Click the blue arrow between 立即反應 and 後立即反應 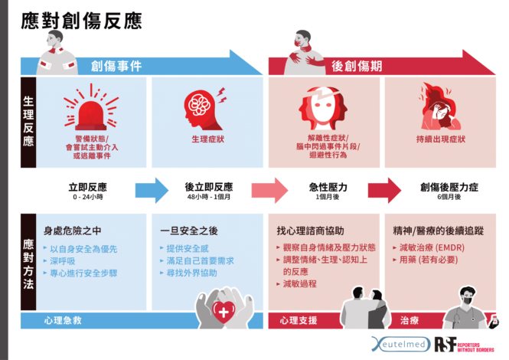point(151,190)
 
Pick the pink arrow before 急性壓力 point(267,190)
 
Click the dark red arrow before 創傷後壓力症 point(384,190)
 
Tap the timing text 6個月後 point(440,197)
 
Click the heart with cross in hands point(224,309)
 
